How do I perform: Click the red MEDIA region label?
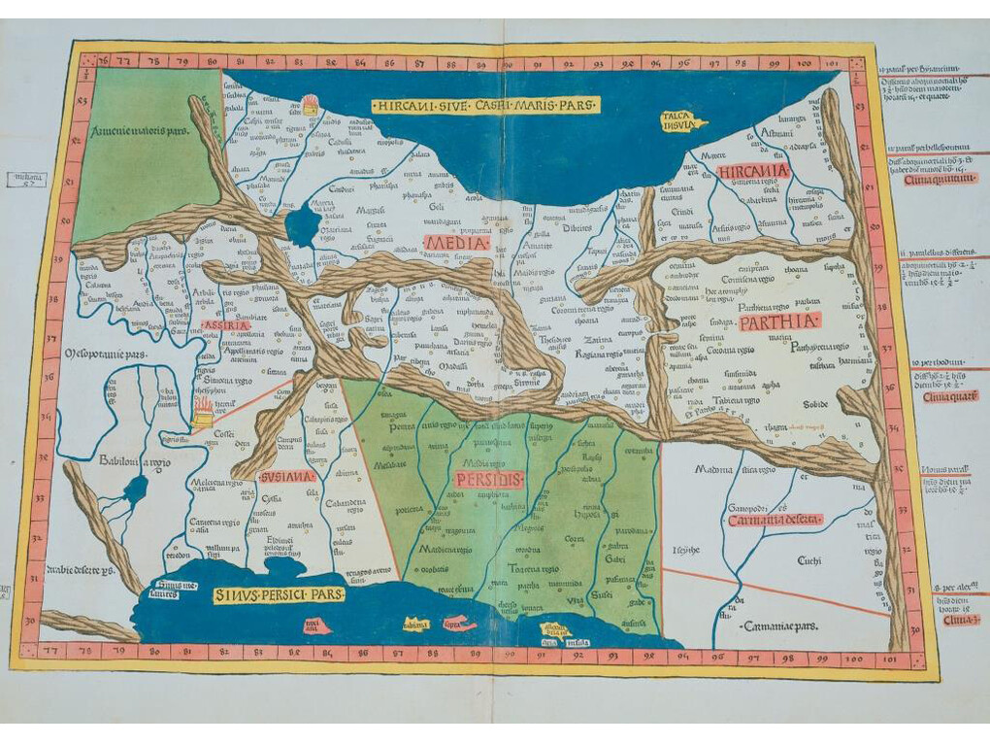point(456,243)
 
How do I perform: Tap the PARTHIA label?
point(778,321)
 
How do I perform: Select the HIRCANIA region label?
point(754,172)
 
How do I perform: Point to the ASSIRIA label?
point(224,325)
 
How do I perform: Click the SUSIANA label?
point(287,477)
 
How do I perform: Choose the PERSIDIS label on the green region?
point(487,479)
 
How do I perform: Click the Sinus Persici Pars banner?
point(279,594)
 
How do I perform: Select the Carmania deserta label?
point(780,520)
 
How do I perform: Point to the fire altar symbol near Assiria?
point(203,412)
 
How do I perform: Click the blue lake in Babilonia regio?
point(135,489)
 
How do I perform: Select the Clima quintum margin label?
point(939,179)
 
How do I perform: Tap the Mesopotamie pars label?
point(106,355)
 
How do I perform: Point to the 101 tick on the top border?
point(804,64)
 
